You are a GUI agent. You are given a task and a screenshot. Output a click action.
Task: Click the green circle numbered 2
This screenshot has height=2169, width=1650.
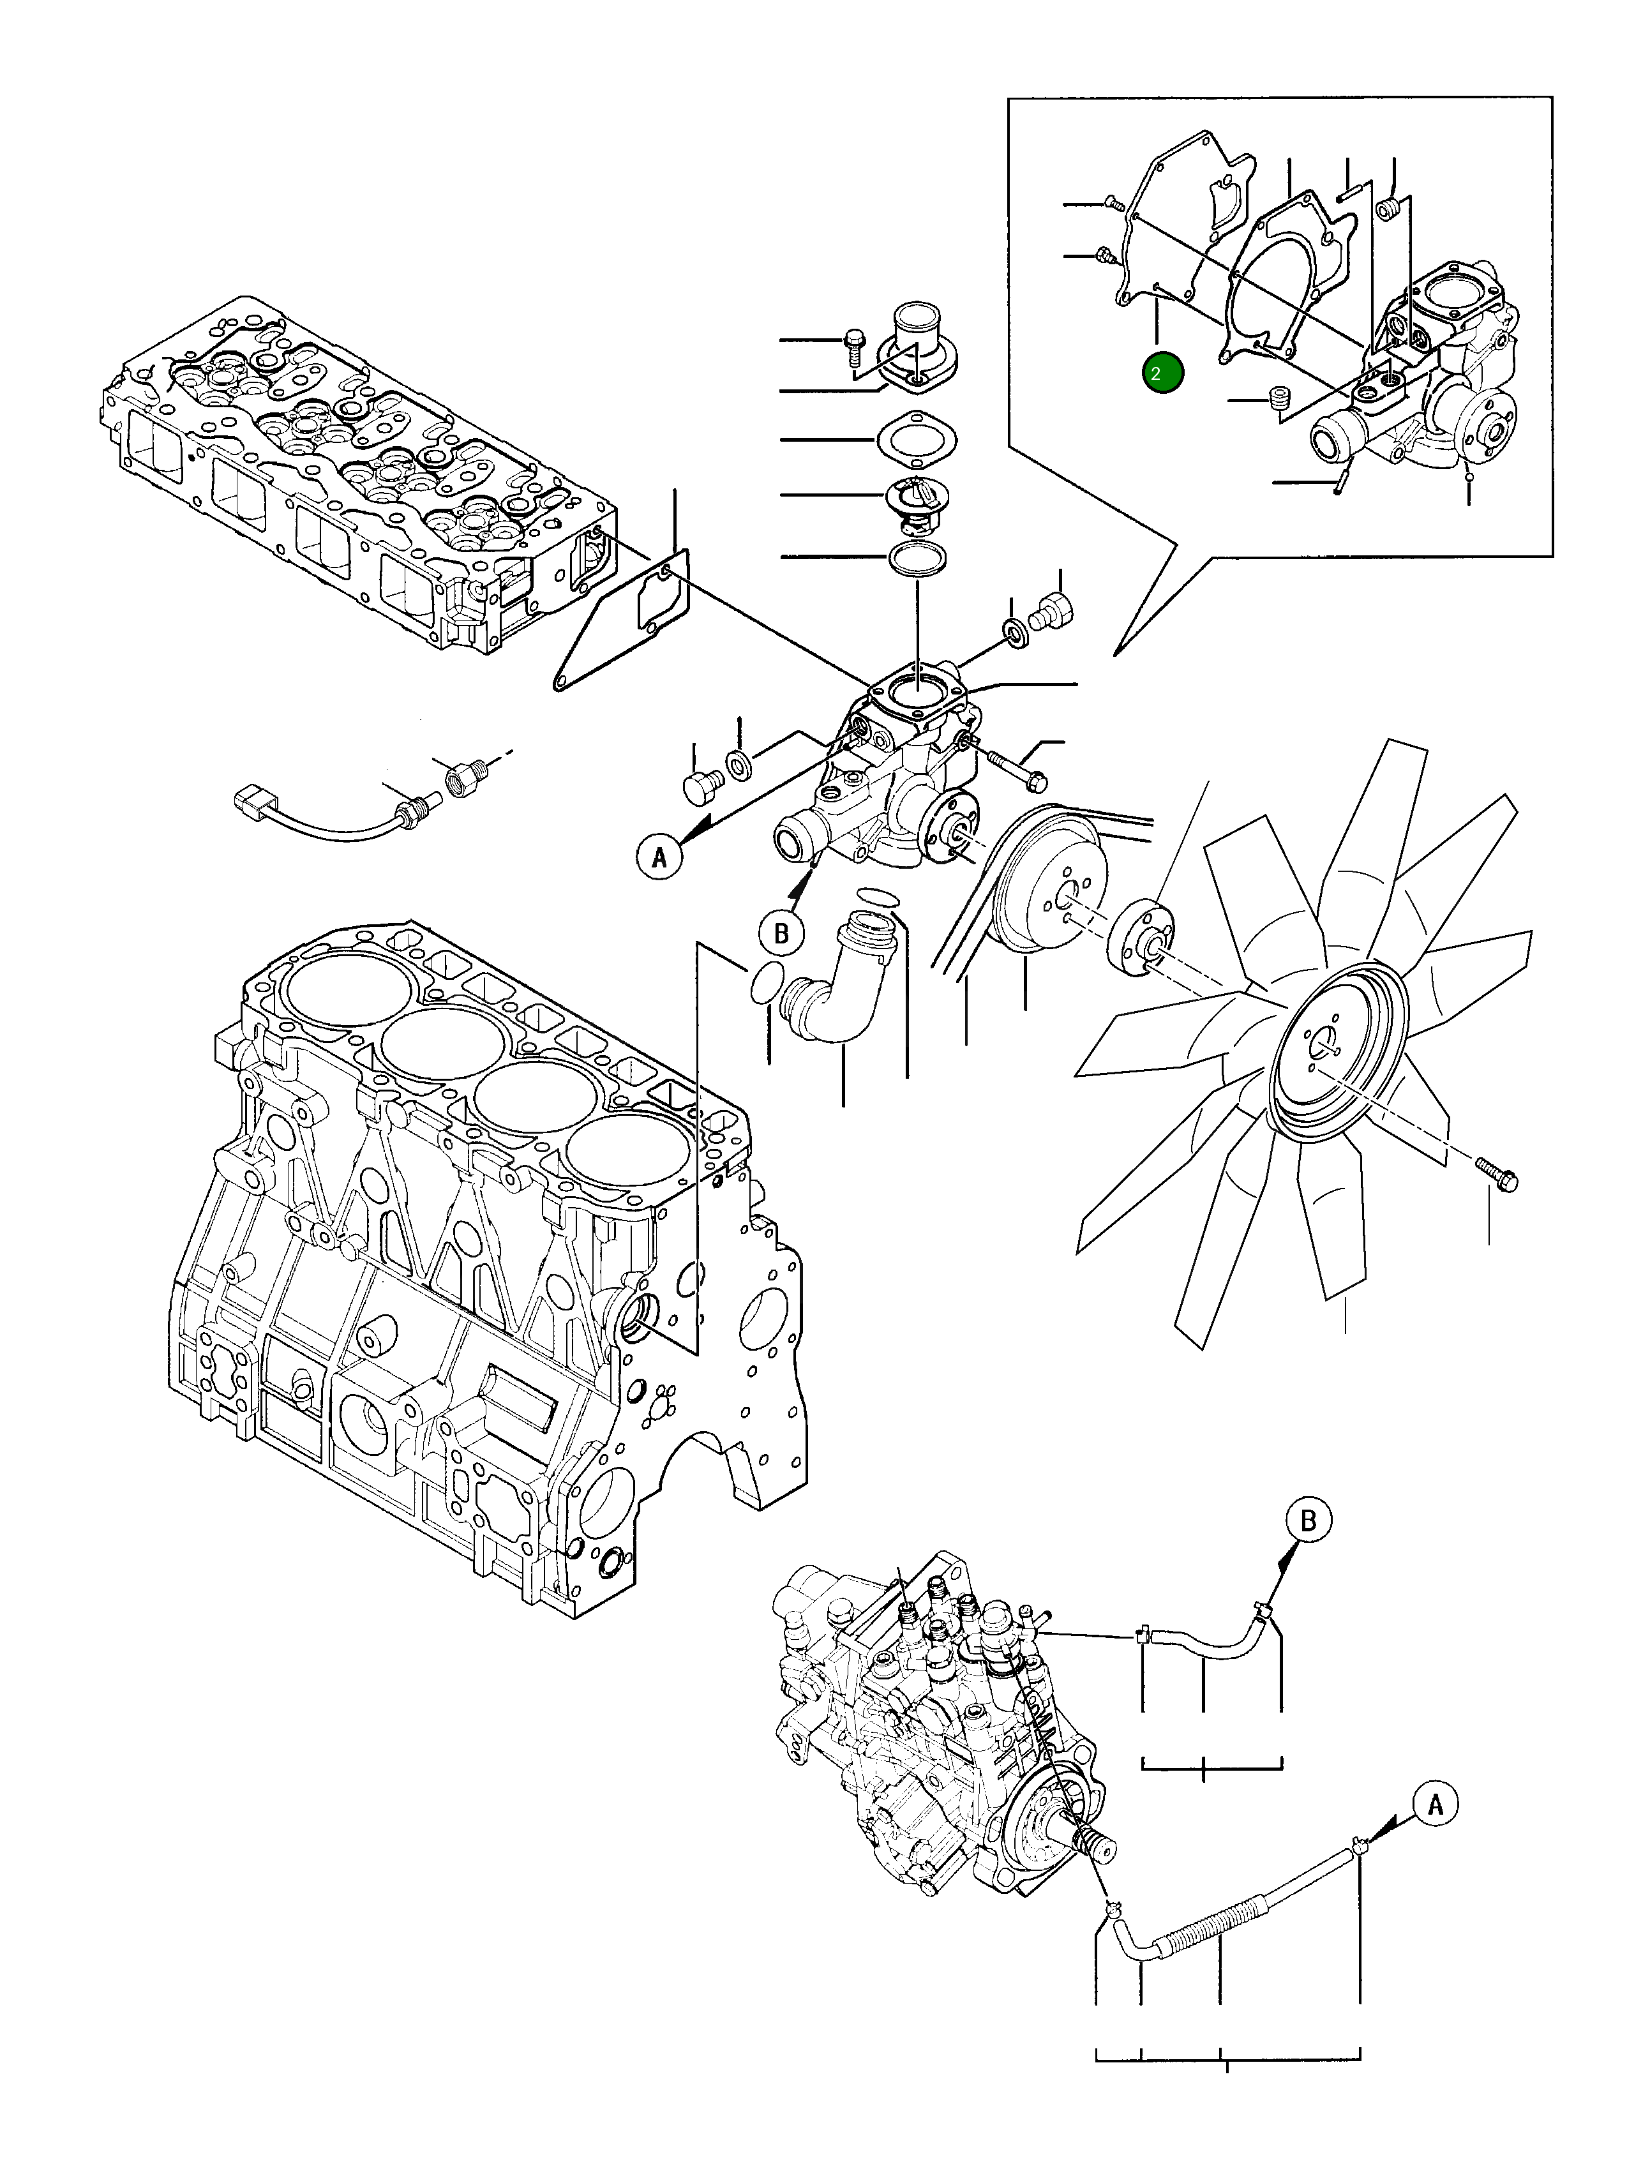coord(1163,373)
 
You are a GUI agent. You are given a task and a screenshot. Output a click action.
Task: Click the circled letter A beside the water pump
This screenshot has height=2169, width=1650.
coord(660,856)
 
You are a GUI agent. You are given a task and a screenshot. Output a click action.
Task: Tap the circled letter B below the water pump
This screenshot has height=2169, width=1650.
coord(781,932)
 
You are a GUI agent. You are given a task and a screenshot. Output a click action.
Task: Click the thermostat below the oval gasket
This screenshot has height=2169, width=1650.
coord(915,501)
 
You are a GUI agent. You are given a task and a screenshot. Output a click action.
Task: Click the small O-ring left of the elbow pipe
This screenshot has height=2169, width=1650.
coord(765,983)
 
